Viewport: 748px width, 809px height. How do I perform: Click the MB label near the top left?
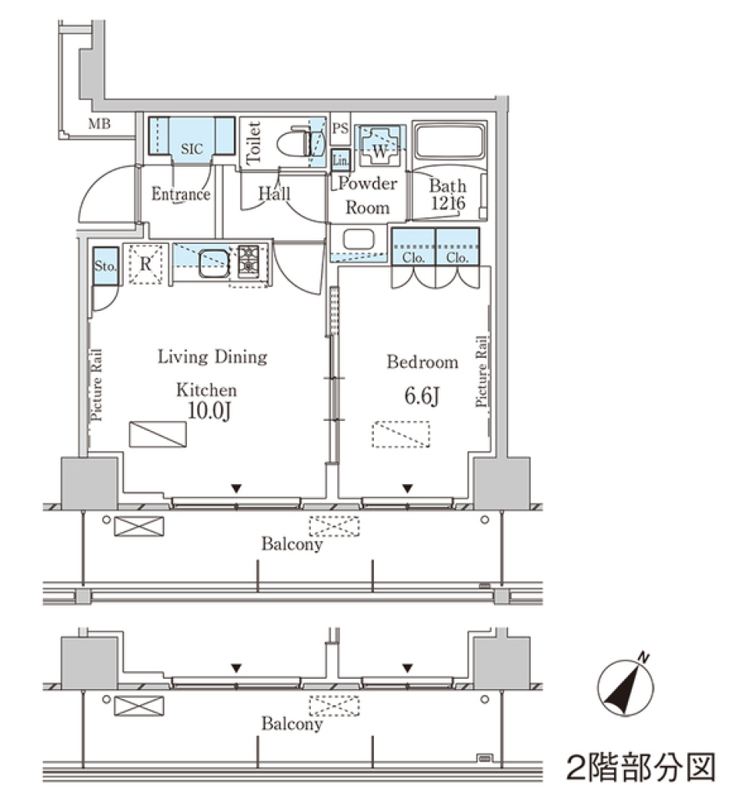[99, 123]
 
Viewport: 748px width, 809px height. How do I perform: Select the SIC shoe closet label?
[192, 148]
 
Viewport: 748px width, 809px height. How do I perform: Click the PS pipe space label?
[340, 129]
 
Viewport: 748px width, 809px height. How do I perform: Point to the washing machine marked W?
[379, 145]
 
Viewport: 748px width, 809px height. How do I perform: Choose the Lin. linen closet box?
[340, 160]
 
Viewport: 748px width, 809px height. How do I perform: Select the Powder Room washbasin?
[358, 240]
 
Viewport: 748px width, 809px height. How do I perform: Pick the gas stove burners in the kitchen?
[249, 260]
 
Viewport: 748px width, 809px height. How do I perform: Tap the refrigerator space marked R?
[145, 263]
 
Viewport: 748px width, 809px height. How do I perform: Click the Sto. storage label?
[104, 267]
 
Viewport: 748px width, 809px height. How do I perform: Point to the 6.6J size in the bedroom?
[422, 397]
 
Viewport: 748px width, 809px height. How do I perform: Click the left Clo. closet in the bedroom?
[412, 257]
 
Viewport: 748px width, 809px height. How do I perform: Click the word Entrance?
[181, 194]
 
